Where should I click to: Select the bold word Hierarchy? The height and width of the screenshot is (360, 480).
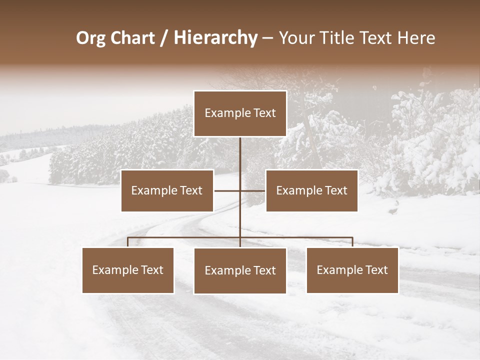[215, 38]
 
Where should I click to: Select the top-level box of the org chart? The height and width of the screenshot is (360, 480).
[240, 113]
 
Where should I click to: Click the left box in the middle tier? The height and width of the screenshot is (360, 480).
[167, 190]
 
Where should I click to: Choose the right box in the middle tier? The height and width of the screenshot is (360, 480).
[311, 190]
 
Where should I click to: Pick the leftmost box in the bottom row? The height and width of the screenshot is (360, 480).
[128, 270]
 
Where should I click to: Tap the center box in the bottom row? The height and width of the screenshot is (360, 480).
[240, 271]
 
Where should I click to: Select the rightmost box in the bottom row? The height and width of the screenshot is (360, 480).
[352, 270]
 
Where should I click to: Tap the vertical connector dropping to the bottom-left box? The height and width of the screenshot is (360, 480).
[128, 242]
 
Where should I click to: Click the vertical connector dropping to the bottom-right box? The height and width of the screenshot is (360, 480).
[352, 242]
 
